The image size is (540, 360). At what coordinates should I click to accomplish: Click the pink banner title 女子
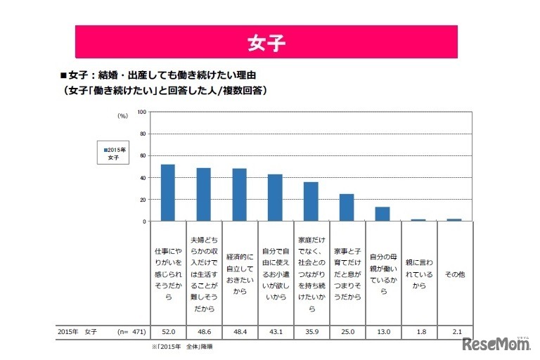tap(266, 42)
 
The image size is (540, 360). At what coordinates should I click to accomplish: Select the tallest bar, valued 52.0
tap(168, 193)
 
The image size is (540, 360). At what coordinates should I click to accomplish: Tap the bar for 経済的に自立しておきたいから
tap(239, 195)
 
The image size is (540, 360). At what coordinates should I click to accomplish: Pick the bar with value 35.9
tap(311, 202)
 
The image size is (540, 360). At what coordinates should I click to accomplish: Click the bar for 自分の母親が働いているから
tap(382, 214)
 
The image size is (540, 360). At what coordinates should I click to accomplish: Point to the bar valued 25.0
tap(347, 207)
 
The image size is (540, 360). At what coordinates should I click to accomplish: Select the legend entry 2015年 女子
tap(114, 153)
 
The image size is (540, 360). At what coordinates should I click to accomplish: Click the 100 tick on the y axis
tap(141, 112)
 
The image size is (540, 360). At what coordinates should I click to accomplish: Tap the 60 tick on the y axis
tap(143, 155)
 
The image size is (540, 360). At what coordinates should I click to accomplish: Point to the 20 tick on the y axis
tap(143, 200)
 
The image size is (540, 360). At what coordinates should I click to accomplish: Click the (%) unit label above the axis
tap(122, 114)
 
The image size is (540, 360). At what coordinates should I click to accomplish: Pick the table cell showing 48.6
tap(204, 330)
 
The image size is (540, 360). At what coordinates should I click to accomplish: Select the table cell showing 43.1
tap(275, 330)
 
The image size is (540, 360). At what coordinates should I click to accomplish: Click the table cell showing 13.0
tap(382, 330)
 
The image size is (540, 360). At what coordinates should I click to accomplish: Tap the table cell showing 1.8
tap(418, 330)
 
